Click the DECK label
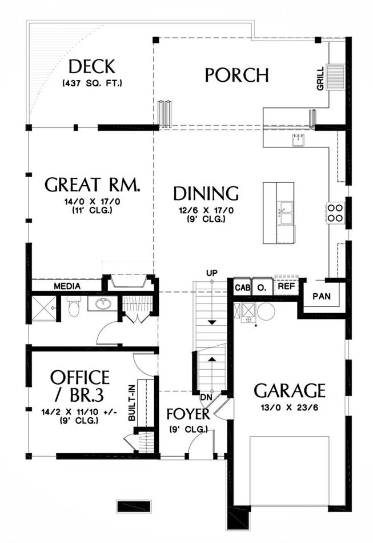tap(92, 67)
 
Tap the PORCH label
tap(236, 75)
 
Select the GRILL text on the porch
tap(320, 79)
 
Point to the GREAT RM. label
tap(93, 185)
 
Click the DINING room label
tap(206, 194)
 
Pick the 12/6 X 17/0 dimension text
tap(206, 210)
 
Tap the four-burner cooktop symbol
tap(334, 213)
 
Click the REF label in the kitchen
tap(287, 286)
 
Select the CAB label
tap(243, 288)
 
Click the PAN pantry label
tap(322, 297)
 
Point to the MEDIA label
tap(67, 286)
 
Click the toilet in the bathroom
tap(74, 306)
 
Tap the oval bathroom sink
tap(103, 304)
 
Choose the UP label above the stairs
tap(212, 273)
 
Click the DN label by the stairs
tap(206, 397)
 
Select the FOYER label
tap(188, 414)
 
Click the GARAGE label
tap(290, 391)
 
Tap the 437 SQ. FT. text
tap(92, 83)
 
